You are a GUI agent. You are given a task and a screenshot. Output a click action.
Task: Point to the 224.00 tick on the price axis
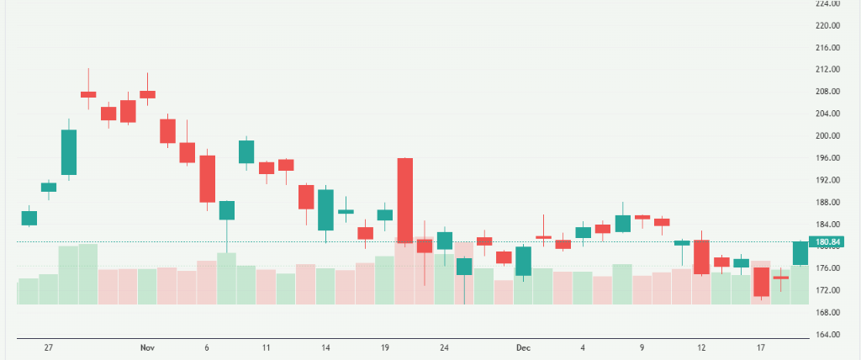click(829, 3)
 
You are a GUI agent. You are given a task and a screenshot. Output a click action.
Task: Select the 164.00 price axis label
click(829, 335)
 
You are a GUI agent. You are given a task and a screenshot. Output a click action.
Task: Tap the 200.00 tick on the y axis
click(829, 135)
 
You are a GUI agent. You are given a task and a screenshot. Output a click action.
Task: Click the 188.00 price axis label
click(829, 202)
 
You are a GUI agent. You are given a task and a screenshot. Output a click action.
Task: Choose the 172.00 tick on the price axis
click(829, 290)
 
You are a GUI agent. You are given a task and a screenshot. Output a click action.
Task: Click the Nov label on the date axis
click(148, 347)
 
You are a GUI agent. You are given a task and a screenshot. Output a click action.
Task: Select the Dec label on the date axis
click(522, 347)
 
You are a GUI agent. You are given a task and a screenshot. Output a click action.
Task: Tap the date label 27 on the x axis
click(48, 347)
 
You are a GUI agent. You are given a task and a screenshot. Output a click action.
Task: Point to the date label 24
click(443, 347)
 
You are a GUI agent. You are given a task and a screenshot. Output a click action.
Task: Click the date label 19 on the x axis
click(384, 347)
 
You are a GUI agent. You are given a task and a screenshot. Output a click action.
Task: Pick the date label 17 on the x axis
click(761, 347)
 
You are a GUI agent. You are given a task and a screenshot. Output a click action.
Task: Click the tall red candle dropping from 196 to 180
click(404, 201)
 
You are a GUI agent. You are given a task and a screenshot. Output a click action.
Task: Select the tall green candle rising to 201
click(69, 152)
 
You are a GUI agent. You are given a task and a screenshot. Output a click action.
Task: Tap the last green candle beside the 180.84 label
click(800, 253)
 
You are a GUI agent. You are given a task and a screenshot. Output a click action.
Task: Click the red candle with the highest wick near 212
click(88, 94)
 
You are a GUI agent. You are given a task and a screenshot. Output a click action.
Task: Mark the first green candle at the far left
click(29, 218)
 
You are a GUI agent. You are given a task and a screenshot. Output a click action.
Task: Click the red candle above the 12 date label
click(702, 257)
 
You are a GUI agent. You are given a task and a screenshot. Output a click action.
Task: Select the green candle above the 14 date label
click(325, 209)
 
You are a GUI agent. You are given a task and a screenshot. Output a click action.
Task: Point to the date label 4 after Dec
click(583, 347)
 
